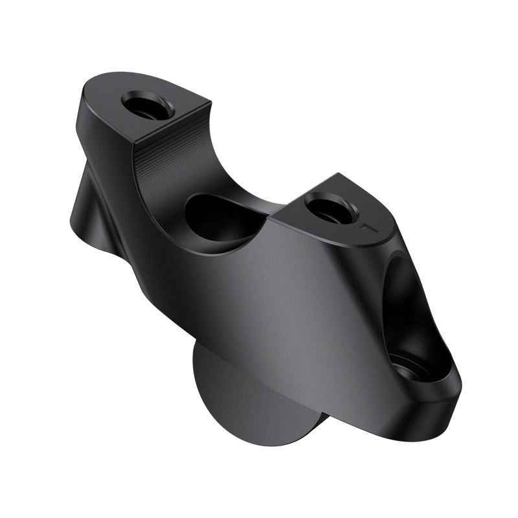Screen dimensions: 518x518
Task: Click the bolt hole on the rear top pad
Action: tap(148, 105)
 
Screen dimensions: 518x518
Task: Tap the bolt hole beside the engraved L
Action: tap(330, 208)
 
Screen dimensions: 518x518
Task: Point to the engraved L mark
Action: tap(368, 228)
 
